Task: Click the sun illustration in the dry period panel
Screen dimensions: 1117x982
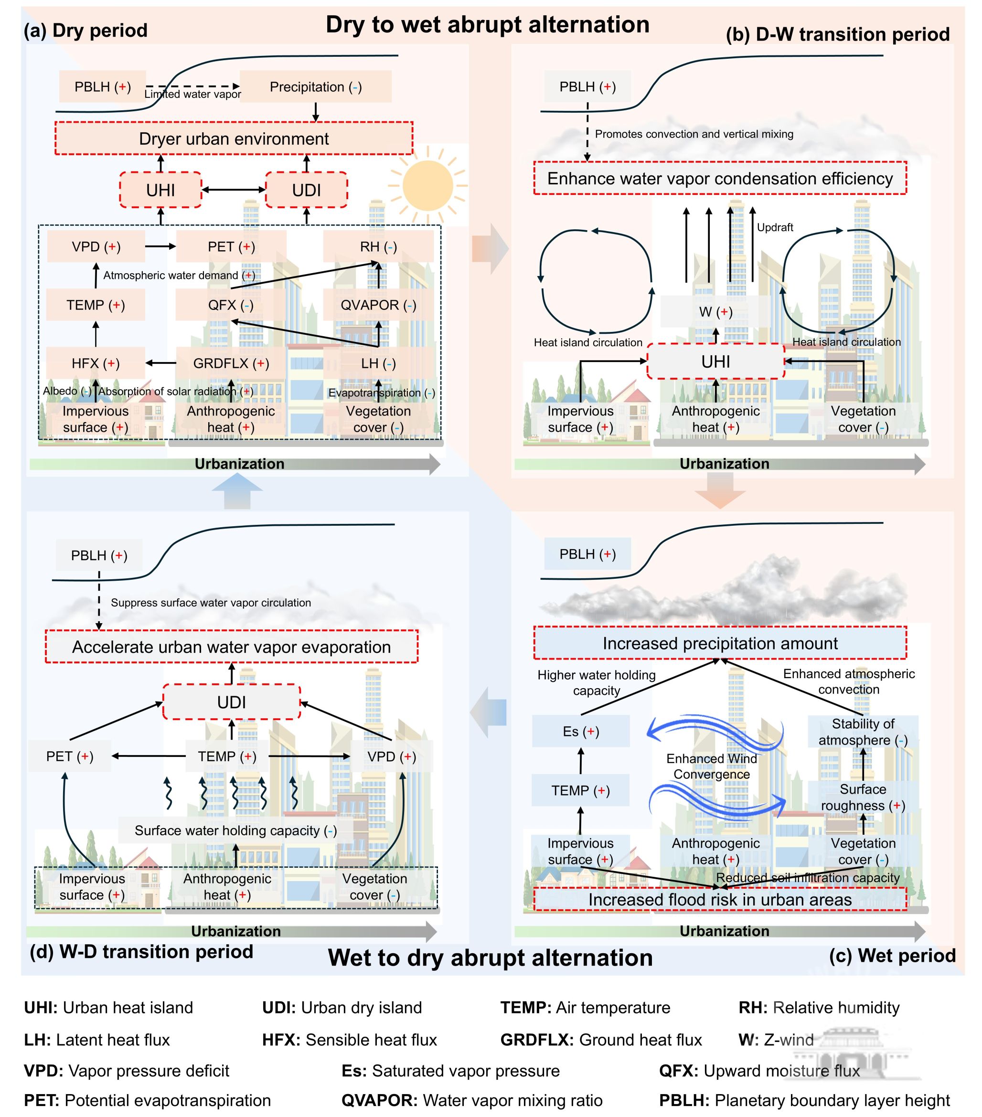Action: (427, 186)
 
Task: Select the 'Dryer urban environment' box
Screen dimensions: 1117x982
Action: (234, 139)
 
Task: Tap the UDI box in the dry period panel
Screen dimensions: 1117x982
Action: (306, 190)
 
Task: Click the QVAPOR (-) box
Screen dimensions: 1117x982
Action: (378, 305)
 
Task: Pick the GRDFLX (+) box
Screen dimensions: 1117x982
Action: (231, 363)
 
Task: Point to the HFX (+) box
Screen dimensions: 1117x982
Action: (96, 363)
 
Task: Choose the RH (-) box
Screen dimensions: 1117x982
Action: (378, 246)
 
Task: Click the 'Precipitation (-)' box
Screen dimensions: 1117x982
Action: (315, 87)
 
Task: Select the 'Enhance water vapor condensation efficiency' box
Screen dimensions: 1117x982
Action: (720, 179)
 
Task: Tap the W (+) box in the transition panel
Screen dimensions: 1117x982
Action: (715, 312)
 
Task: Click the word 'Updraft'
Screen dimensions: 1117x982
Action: (774, 227)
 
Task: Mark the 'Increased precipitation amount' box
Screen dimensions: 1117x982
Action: (720, 643)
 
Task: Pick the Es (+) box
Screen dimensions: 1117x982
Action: (580, 731)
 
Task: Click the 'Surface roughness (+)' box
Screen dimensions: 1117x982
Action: (863, 798)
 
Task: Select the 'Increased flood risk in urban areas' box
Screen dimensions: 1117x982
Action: (720, 900)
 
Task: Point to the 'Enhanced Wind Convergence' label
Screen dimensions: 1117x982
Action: (712, 766)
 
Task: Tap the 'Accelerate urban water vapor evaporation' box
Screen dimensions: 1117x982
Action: (231, 647)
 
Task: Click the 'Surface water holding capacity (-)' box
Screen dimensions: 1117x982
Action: (235, 830)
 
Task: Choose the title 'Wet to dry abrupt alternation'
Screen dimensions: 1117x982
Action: (490, 957)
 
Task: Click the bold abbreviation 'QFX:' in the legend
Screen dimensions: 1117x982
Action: (679, 1071)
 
